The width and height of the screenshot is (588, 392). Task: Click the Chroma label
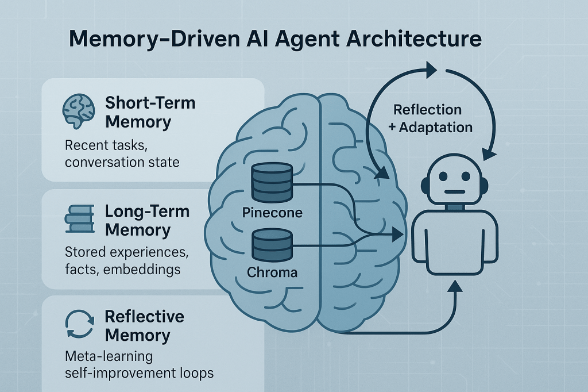point(272,271)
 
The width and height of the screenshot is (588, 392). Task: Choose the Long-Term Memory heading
point(146,220)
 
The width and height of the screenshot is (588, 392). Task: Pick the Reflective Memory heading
point(144,326)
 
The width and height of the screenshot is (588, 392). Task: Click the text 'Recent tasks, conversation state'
point(122,153)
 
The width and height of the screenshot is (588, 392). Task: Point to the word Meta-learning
point(109,356)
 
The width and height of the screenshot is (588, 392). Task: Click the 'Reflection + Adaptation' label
point(431,118)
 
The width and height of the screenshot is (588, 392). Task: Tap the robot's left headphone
point(425,185)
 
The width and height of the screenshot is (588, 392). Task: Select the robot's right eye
point(466,175)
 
